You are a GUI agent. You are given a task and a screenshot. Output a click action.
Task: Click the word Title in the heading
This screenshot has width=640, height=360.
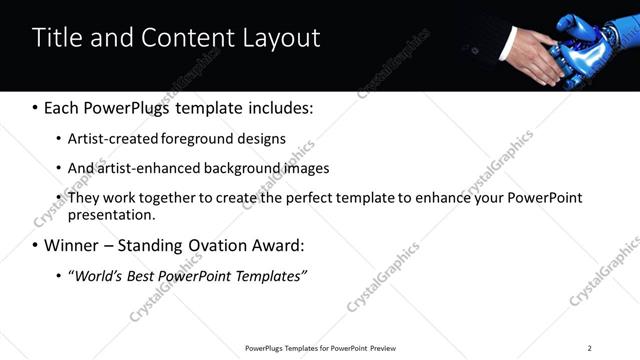pyautogui.click(x=55, y=38)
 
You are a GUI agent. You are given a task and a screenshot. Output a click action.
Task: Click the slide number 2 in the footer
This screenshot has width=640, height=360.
pyautogui.click(x=589, y=348)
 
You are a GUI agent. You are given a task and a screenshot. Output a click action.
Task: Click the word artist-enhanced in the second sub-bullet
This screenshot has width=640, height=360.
pyautogui.click(x=147, y=168)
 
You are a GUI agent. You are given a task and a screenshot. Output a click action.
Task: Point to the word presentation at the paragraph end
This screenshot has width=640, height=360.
pyautogui.click(x=110, y=214)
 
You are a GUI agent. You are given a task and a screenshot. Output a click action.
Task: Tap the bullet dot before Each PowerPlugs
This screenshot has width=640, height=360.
pyautogui.click(x=35, y=107)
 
